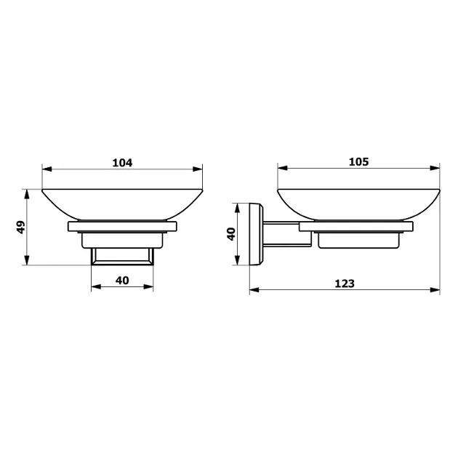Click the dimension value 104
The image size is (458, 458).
122,163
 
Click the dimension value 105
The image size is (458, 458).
358,161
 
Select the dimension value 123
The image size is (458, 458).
345,284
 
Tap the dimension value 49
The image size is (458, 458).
21,228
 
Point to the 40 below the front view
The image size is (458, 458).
122,281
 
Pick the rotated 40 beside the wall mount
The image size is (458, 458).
231,234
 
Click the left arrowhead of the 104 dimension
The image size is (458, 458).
47,169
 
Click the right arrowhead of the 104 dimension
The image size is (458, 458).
198,169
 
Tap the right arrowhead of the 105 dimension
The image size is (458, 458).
435,168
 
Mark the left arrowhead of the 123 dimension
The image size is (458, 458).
254,290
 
